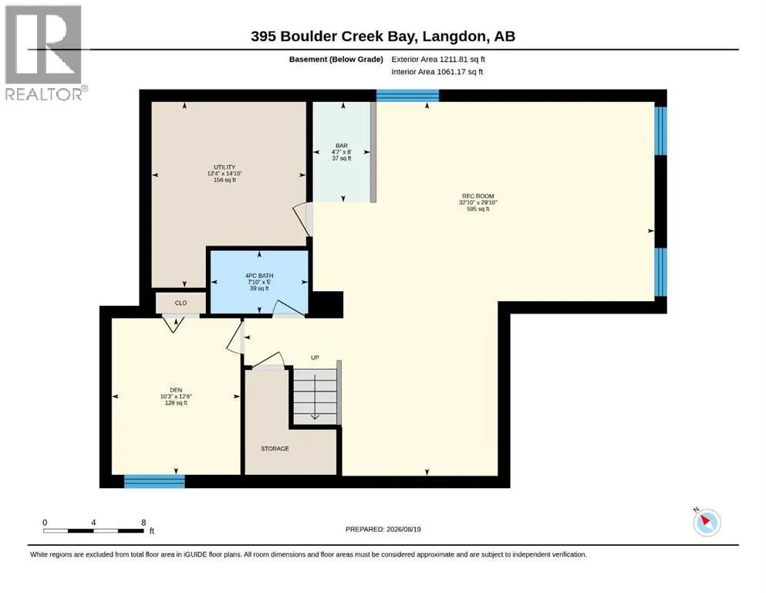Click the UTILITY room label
[224, 168]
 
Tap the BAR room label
[342, 146]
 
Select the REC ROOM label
[477, 196]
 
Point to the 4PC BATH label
[259, 276]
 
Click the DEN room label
[176, 390]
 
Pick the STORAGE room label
[275, 449]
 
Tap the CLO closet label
[181, 303]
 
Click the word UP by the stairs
[315, 357]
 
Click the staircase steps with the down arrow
[315, 396]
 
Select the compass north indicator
[707, 522]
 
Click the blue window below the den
[154, 481]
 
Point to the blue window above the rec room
[407, 95]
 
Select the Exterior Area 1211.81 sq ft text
[438, 59]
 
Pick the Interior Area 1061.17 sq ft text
[437, 72]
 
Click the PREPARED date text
[383, 529]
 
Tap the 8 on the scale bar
[143, 522]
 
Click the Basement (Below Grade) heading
[336, 59]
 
